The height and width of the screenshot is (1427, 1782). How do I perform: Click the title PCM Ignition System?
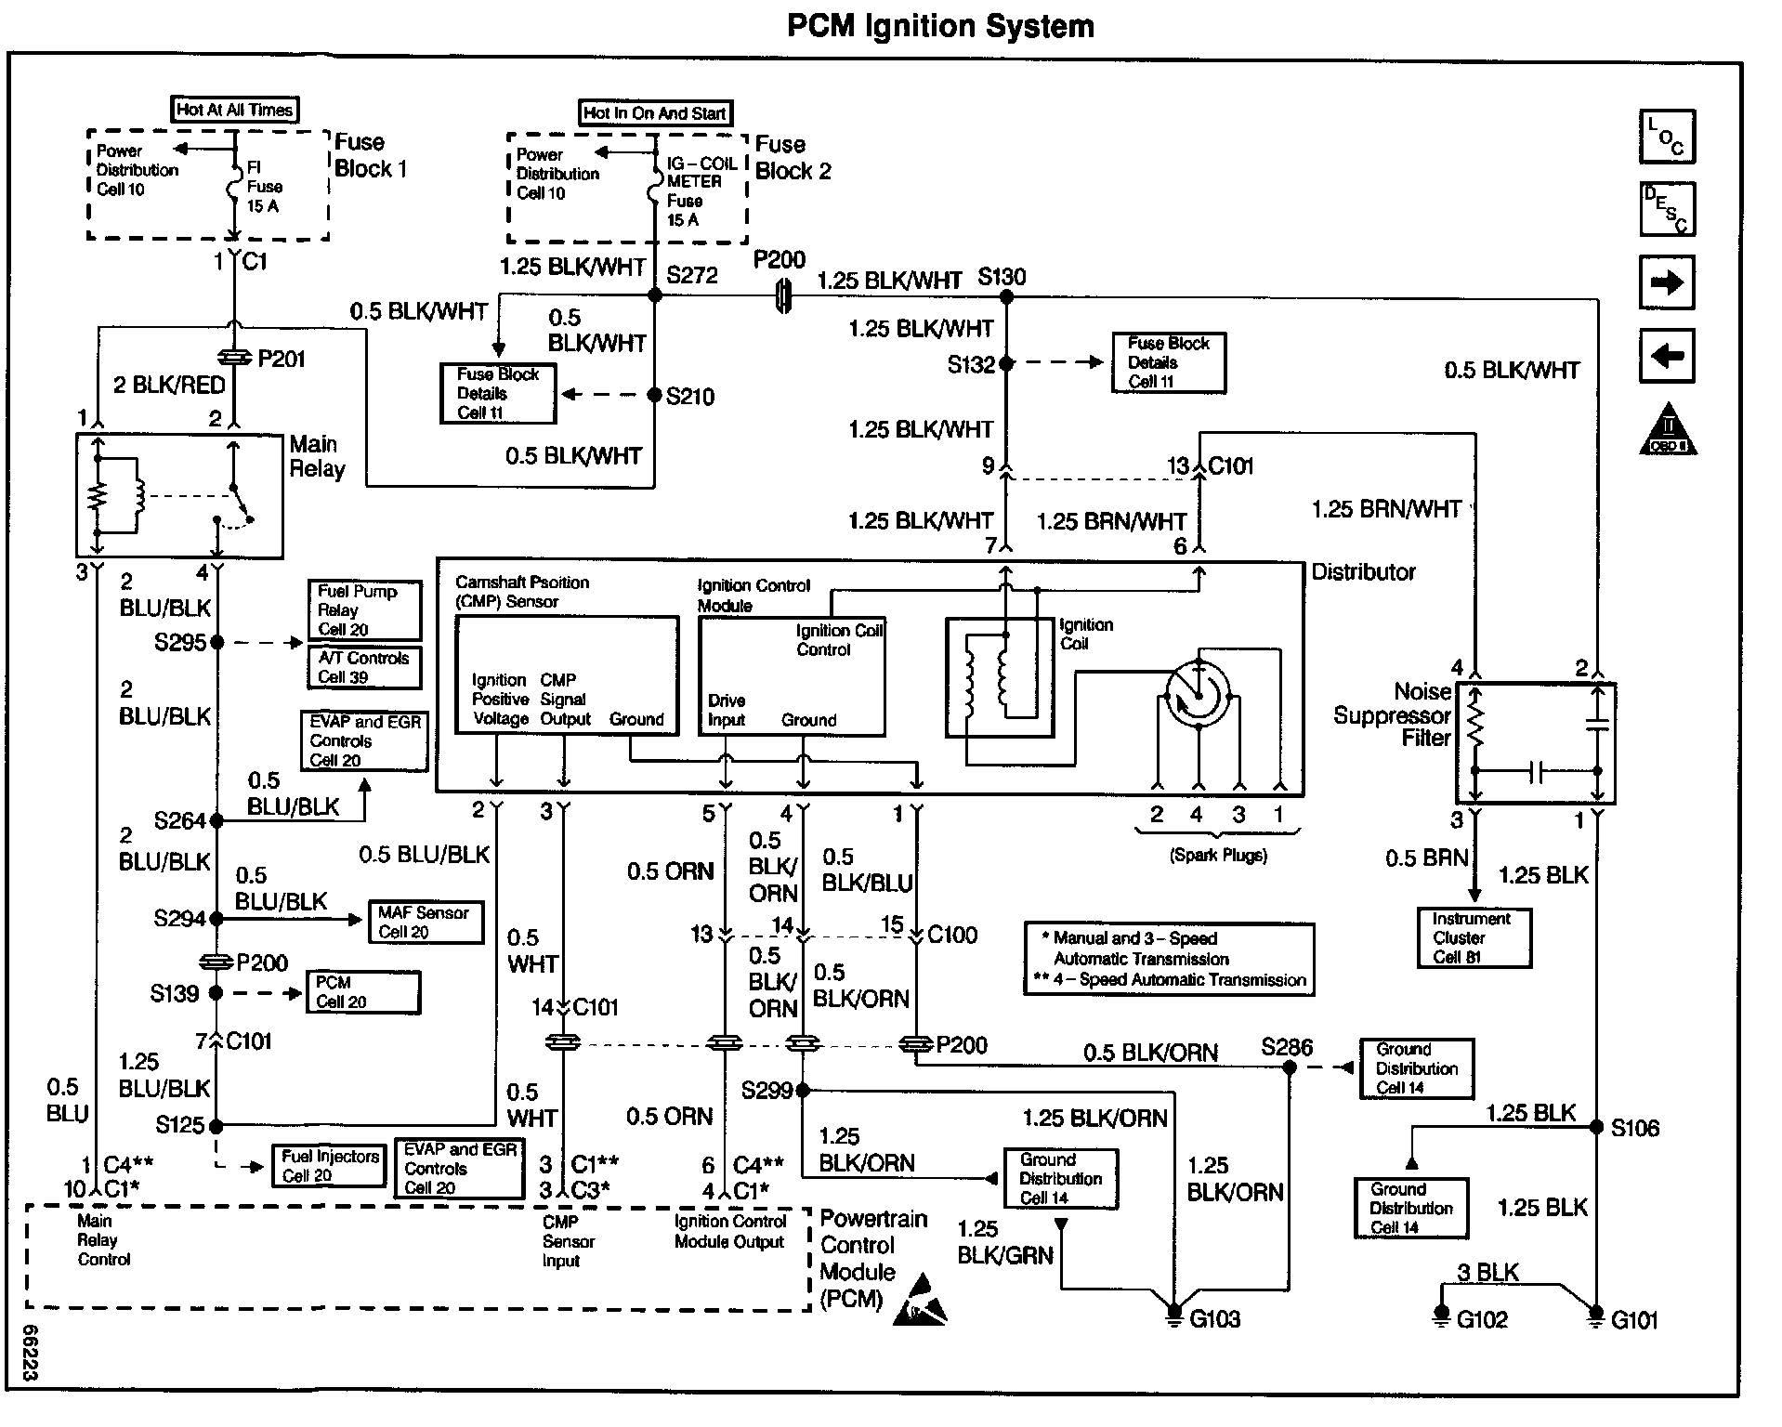939,26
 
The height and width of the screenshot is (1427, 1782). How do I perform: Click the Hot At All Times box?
235,110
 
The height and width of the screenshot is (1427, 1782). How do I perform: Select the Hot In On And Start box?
655,113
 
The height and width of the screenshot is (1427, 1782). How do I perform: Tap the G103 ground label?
1214,1319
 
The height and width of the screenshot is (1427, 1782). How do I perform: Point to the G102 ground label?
1482,1320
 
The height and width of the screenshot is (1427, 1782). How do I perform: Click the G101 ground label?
1634,1320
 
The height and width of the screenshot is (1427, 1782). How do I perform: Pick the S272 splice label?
692,275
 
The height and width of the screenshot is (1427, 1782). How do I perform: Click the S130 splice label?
1002,277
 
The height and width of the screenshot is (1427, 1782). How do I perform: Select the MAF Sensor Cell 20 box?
425,923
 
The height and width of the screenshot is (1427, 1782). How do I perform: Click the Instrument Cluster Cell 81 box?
1474,938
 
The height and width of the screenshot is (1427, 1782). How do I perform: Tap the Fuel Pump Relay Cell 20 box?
363,609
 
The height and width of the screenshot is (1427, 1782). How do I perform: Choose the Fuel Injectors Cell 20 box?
330,1166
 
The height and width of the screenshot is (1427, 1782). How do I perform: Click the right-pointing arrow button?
1667,282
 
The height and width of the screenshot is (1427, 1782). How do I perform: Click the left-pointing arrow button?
1667,356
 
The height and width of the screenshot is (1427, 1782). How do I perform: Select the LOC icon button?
1667,137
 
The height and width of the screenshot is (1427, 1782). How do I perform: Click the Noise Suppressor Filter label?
1392,714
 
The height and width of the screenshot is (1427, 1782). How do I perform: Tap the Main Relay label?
316,456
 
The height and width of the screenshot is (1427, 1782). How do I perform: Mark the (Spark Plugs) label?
1218,856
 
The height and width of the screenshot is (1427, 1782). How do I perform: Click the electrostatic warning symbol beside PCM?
922,1301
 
